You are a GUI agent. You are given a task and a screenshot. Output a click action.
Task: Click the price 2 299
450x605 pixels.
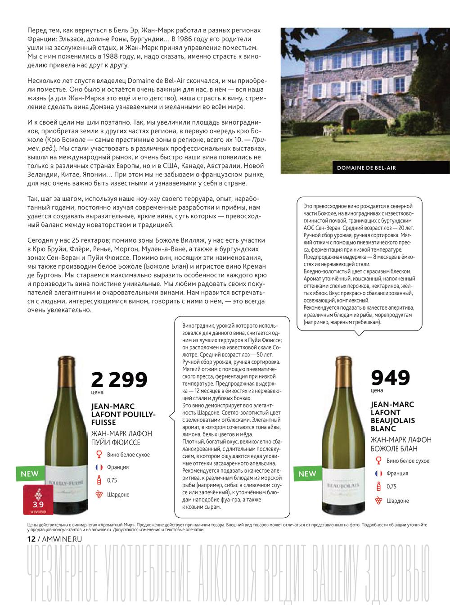119,380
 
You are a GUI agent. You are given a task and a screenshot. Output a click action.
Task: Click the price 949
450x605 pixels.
390,378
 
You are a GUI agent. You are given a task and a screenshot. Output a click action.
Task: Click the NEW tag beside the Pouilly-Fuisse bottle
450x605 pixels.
30,474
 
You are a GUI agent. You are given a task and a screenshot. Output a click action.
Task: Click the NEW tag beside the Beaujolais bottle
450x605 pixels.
307,474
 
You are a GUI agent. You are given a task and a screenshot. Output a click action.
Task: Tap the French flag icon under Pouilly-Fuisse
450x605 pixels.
99,467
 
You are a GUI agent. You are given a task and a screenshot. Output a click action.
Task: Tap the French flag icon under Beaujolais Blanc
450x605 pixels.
378,474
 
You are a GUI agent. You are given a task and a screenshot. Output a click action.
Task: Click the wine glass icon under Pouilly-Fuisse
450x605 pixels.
99,455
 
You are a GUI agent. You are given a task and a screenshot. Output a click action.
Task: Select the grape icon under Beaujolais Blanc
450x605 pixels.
378,501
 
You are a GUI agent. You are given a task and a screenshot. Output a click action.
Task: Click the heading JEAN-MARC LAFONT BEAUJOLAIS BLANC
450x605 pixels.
393,416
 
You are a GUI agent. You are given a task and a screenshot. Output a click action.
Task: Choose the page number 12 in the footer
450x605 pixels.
31,539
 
